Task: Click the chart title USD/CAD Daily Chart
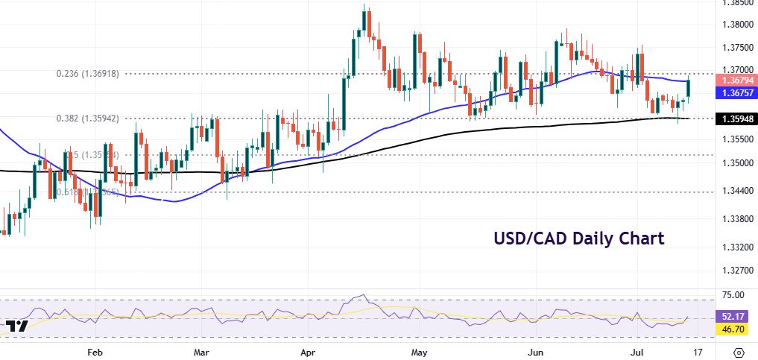coord(578,239)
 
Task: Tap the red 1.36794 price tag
coord(736,80)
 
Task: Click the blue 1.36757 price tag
coord(736,93)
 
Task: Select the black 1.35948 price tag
coord(736,119)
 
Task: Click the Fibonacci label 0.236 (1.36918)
coord(92,74)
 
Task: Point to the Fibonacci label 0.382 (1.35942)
coord(92,119)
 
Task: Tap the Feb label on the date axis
coord(94,350)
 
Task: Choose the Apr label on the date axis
coord(309,350)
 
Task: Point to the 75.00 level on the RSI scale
coord(734,295)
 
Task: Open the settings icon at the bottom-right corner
coord(739,351)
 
